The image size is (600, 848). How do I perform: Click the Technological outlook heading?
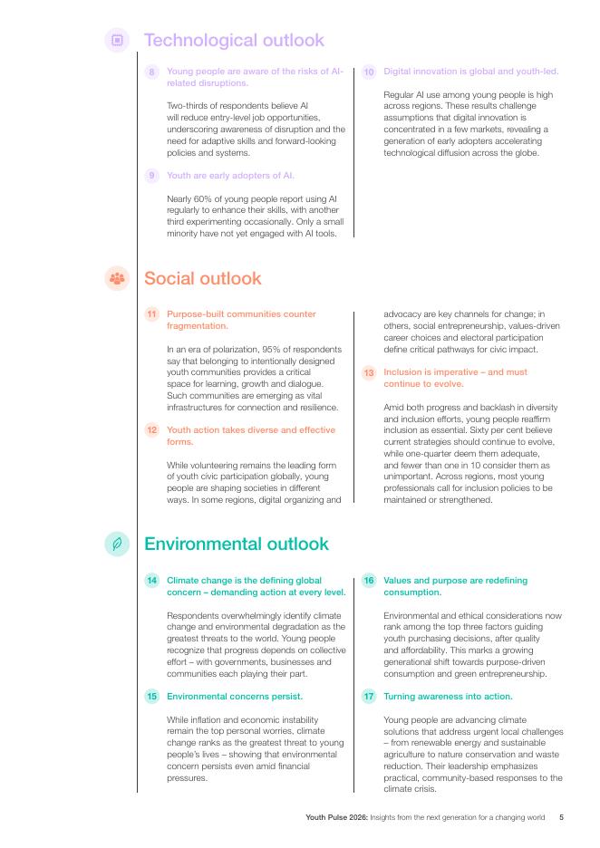(x=234, y=41)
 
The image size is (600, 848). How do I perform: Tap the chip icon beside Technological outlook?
(x=117, y=40)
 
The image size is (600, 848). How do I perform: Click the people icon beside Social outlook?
(x=117, y=278)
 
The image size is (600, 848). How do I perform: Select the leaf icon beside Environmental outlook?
(x=117, y=544)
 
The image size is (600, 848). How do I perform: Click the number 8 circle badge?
(x=152, y=72)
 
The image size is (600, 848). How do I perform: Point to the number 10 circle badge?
(x=369, y=72)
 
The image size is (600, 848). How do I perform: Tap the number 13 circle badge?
(x=369, y=372)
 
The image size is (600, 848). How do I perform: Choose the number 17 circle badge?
(x=369, y=697)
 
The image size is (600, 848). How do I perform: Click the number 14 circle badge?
(x=152, y=581)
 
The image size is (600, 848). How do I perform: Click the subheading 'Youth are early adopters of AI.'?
(x=230, y=176)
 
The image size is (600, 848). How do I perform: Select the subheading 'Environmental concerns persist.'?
(x=235, y=697)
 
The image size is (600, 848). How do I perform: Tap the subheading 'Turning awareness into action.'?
(x=448, y=697)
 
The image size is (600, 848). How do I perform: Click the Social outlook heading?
(x=202, y=278)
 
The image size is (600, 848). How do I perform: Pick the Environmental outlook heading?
(x=237, y=544)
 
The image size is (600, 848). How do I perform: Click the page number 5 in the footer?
(x=562, y=817)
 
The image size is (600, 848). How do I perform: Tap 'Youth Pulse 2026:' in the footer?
(x=335, y=817)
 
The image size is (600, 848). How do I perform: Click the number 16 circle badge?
(x=369, y=581)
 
